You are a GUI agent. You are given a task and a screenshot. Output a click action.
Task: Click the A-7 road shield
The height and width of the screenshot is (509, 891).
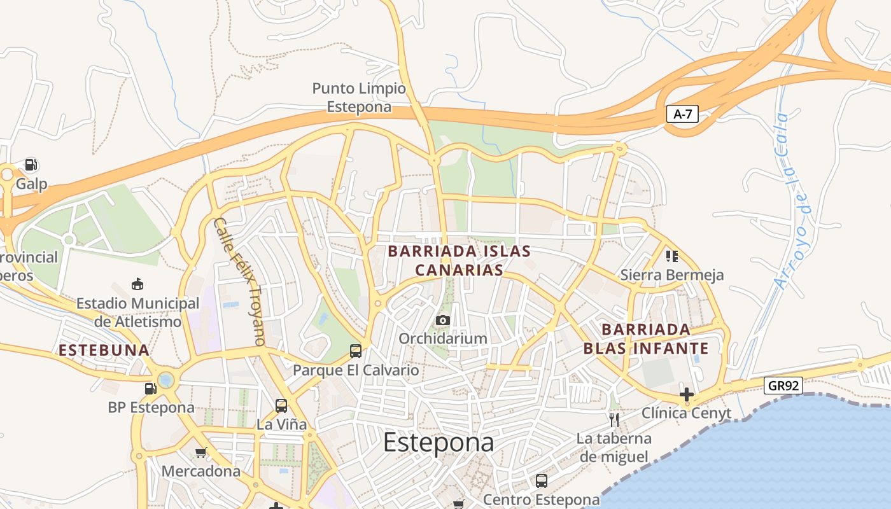682,115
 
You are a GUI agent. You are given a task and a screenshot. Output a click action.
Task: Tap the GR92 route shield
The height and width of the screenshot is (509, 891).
783,386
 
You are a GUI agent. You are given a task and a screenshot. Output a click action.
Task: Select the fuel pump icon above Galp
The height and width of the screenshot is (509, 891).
31,165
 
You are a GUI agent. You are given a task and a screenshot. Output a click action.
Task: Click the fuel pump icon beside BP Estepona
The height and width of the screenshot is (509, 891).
150,388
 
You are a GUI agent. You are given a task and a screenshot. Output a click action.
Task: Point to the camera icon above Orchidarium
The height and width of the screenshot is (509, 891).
443,320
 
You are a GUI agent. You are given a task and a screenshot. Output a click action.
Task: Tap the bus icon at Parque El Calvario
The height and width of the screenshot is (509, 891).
356,351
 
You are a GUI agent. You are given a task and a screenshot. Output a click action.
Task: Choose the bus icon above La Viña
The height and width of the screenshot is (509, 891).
281,405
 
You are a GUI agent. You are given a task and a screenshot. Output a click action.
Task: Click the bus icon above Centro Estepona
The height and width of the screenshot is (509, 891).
541,481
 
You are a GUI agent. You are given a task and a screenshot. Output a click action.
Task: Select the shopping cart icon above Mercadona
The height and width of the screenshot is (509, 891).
201,452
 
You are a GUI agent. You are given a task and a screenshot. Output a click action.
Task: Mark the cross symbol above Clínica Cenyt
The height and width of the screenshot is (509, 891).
686,394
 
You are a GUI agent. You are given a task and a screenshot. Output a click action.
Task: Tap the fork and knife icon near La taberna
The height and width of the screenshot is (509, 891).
614,419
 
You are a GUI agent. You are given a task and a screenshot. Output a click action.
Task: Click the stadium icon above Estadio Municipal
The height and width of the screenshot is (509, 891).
137,284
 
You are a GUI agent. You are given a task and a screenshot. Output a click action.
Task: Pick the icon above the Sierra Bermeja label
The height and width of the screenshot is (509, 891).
671,256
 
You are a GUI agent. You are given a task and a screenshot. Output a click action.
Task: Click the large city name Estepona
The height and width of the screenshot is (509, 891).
438,442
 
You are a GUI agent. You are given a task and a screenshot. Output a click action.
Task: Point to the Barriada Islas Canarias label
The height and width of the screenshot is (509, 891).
460,260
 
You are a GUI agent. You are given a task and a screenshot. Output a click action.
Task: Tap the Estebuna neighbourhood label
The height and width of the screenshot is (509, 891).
104,350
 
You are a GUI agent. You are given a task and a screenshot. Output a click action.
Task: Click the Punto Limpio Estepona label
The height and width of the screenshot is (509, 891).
359,97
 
